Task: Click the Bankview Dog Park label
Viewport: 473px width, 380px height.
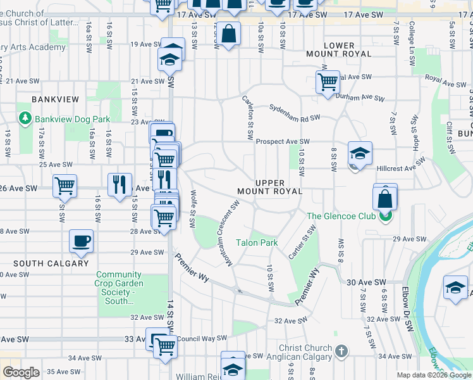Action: coord(73,119)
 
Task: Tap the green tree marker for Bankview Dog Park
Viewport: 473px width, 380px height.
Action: coord(25,118)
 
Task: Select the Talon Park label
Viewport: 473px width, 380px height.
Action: coord(257,243)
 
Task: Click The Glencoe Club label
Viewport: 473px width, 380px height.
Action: coord(342,216)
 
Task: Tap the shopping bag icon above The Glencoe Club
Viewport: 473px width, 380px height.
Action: coord(385,199)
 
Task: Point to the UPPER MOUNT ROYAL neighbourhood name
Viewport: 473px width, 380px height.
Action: coord(269,187)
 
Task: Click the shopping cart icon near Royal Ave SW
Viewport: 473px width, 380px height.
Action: coord(328,81)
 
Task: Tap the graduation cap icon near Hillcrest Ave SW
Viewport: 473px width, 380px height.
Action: coord(360,153)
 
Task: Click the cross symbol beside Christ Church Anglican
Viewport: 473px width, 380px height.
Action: coord(341,350)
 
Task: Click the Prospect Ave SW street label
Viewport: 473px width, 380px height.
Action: coord(283,142)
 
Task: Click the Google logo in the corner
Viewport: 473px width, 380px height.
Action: coord(20,372)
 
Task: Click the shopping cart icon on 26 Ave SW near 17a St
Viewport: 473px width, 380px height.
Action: coord(64,186)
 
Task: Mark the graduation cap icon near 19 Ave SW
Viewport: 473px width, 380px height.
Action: coord(172,53)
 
